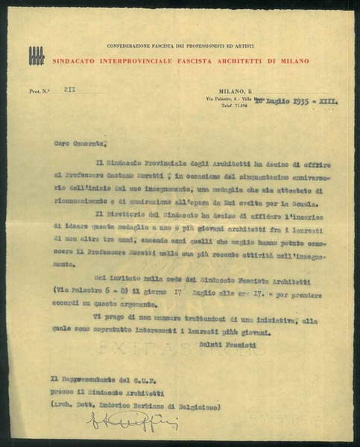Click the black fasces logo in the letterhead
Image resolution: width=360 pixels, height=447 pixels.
(36, 56)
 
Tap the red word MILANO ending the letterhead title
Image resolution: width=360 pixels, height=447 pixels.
(293, 60)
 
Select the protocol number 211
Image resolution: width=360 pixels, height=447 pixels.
(69, 89)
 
